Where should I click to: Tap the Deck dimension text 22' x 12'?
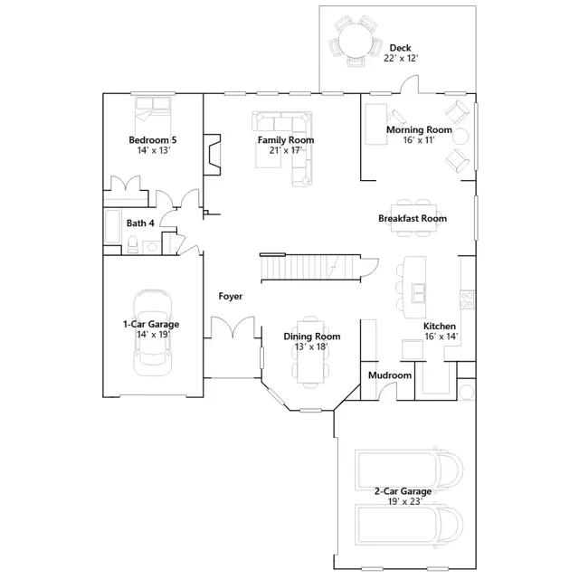coord(401,58)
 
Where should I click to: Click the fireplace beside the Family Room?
coord(213,154)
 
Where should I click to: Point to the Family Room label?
coord(286,140)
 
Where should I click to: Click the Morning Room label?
coord(419,129)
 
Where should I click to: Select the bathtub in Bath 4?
coord(112,227)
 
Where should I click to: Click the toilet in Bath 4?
coord(133,244)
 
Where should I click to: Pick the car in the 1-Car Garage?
coord(153,333)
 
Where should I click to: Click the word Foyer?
coord(231,296)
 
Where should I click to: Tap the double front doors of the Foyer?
coord(233,327)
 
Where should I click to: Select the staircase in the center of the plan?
coord(310,268)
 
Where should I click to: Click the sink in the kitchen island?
coord(418,292)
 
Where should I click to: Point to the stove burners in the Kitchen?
coord(467,299)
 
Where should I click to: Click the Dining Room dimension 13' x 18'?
coord(311,346)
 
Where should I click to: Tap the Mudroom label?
coord(390,375)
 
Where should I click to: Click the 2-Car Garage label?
coord(403,491)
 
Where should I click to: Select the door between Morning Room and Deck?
coord(410,84)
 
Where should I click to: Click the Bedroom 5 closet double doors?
coord(126,183)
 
